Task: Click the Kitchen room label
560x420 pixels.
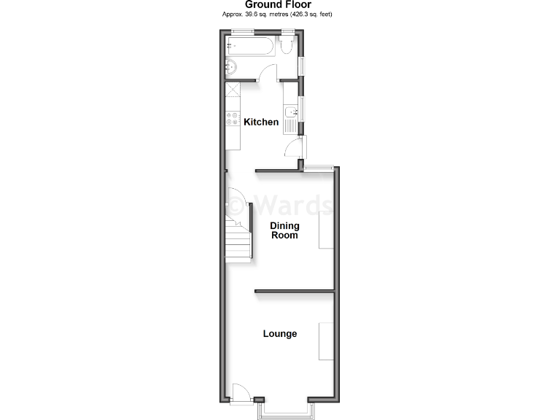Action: click(x=261, y=122)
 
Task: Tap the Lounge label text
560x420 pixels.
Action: click(x=280, y=334)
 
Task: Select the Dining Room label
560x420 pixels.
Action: click(x=284, y=230)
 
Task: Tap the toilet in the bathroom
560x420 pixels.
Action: click(x=287, y=47)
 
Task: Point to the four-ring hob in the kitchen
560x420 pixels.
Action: click(x=233, y=119)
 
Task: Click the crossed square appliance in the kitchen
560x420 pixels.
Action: click(x=233, y=90)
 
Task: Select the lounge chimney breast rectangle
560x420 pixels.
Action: click(x=326, y=341)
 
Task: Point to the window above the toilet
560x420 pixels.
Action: click(x=288, y=30)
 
